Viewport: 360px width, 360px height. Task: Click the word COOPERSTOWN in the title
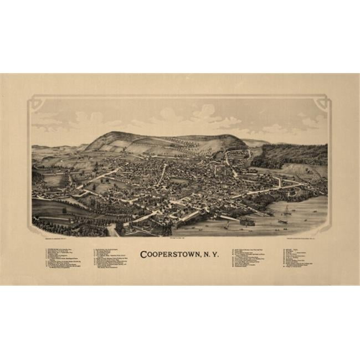tap(166, 255)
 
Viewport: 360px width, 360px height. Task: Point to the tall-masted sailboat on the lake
tap(286, 210)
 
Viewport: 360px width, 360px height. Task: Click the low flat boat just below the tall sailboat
tap(283, 222)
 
